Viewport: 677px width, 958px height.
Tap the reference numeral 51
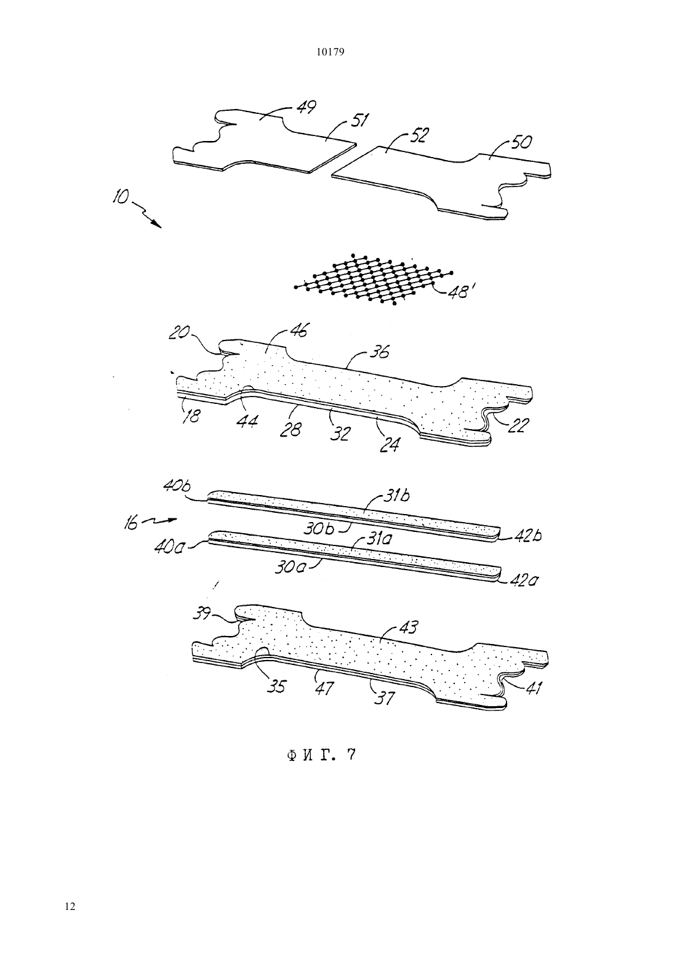(359, 120)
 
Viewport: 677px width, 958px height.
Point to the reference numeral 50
(521, 142)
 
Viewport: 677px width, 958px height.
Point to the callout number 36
(379, 352)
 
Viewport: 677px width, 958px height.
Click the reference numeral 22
(519, 425)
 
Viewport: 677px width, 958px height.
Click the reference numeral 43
(408, 628)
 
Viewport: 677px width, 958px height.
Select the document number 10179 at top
(330, 52)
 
